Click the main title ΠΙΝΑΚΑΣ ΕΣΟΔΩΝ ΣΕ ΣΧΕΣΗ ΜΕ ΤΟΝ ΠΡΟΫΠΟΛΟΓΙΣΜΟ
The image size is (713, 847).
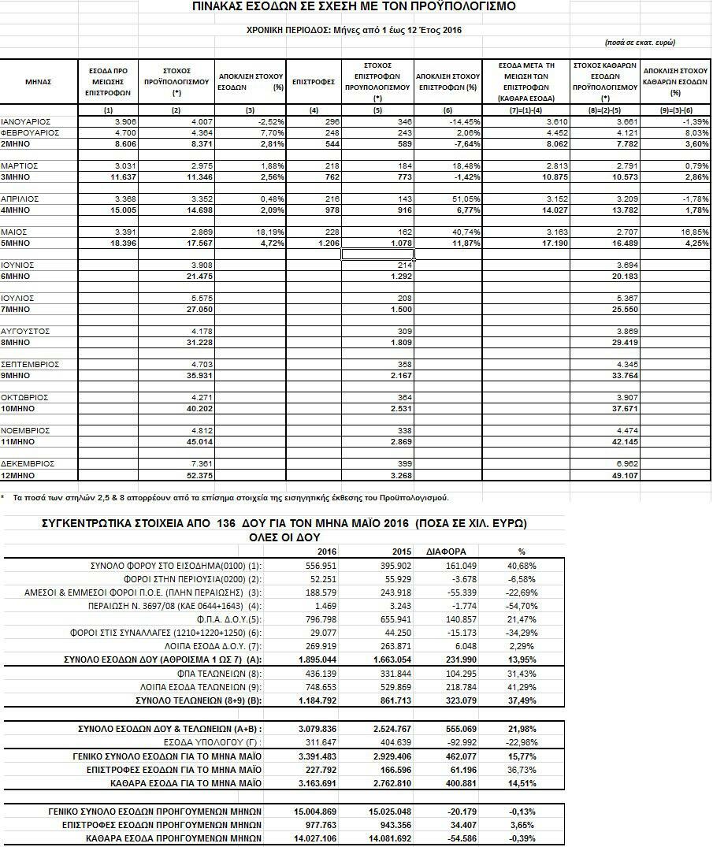coord(354,7)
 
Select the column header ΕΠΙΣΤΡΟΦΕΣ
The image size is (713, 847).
coord(314,82)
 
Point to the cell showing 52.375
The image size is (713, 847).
coord(187,476)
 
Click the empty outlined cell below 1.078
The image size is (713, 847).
coord(378,254)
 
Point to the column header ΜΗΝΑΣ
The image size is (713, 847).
coord(39,82)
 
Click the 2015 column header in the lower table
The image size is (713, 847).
coord(403,552)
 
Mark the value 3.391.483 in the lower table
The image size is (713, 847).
coord(325,756)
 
